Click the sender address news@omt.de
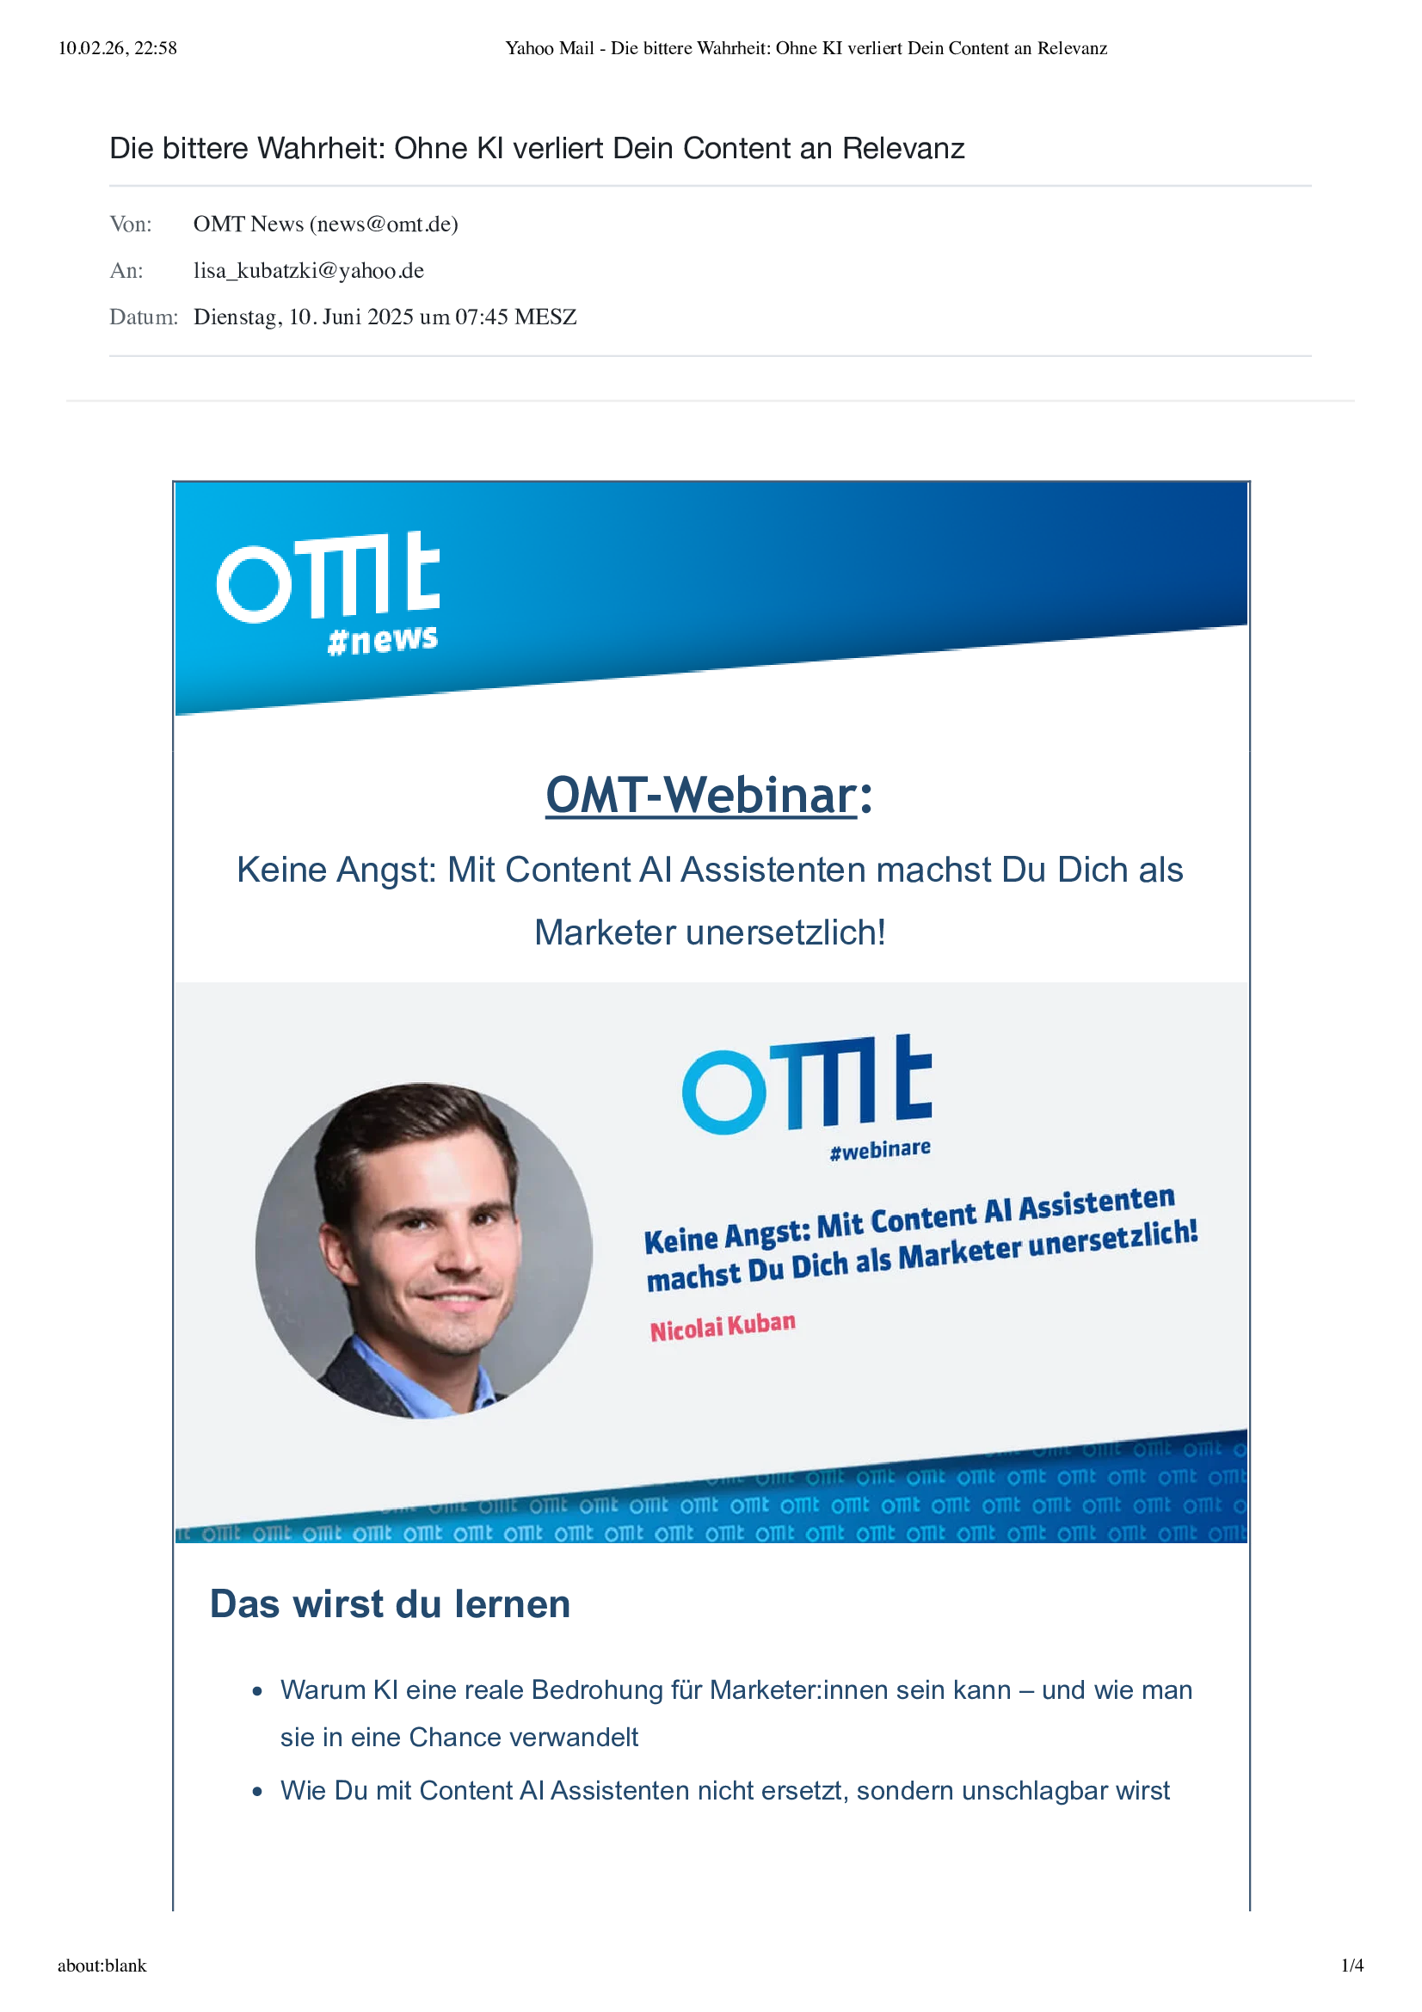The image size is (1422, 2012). (x=383, y=225)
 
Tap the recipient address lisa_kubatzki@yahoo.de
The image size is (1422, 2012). (x=309, y=271)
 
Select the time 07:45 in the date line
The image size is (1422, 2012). (x=481, y=317)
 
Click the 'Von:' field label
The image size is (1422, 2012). (x=131, y=225)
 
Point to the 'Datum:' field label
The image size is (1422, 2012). (x=144, y=317)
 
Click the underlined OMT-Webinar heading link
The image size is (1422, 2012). (x=701, y=795)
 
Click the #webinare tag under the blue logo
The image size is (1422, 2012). (x=880, y=1150)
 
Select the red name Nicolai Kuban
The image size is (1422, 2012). (x=723, y=1326)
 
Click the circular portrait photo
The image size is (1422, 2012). (x=424, y=1251)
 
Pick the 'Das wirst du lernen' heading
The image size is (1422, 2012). (x=390, y=1603)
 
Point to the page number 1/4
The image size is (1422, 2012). (x=1352, y=1965)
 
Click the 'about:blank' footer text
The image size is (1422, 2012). (x=102, y=1965)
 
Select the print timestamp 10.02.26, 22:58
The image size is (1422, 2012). (x=117, y=48)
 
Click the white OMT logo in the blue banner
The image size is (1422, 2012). (x=328, y=576)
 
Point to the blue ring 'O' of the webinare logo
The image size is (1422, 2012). (x=723, y=1092)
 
